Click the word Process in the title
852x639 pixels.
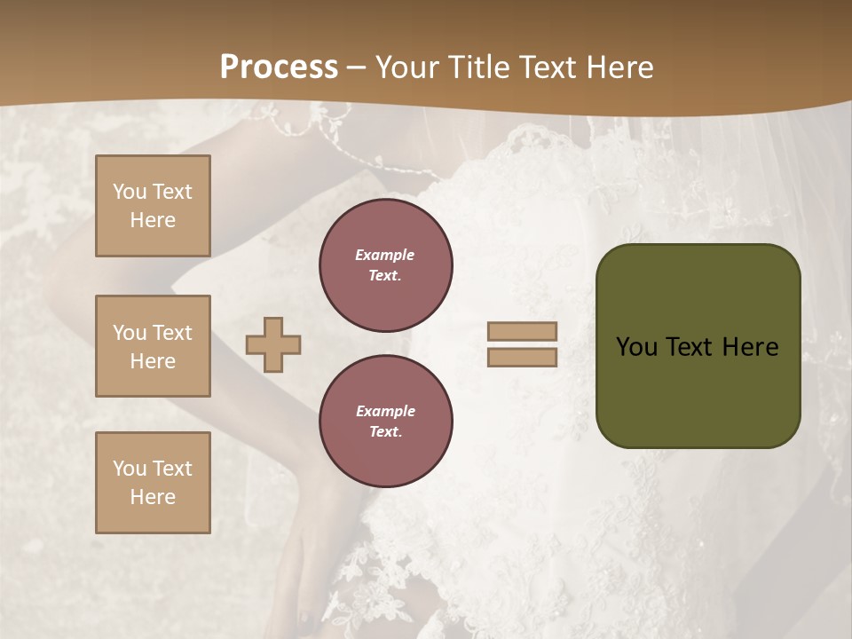tap(279, 67)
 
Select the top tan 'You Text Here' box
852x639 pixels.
tap(153, 206)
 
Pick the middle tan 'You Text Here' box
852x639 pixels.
tap(153, 346)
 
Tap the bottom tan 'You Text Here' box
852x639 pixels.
tap(153, 483)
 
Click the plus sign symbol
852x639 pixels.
tap(273, 344)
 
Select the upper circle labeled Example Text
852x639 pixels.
tap(386, 265)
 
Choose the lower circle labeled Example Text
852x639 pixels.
tap(386, 422)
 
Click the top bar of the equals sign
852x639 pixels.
tap(522, 332)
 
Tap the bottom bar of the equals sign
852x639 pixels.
tap(522, 358)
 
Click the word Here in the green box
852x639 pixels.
tap(750, 347)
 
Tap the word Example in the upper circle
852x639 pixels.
tap(384, 255)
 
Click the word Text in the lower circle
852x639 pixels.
tap(385, 432)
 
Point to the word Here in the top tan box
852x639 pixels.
tap(153, 220)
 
